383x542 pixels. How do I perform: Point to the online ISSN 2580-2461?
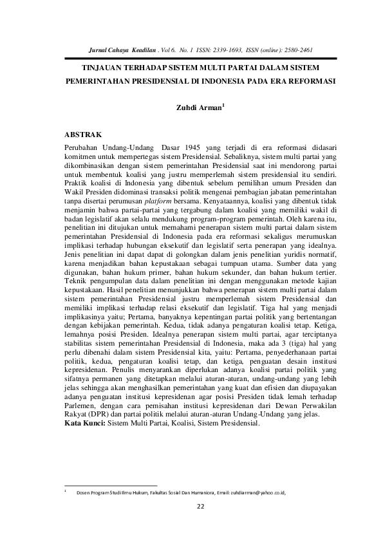[298, 49]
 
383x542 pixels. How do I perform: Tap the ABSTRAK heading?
[84, 135]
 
